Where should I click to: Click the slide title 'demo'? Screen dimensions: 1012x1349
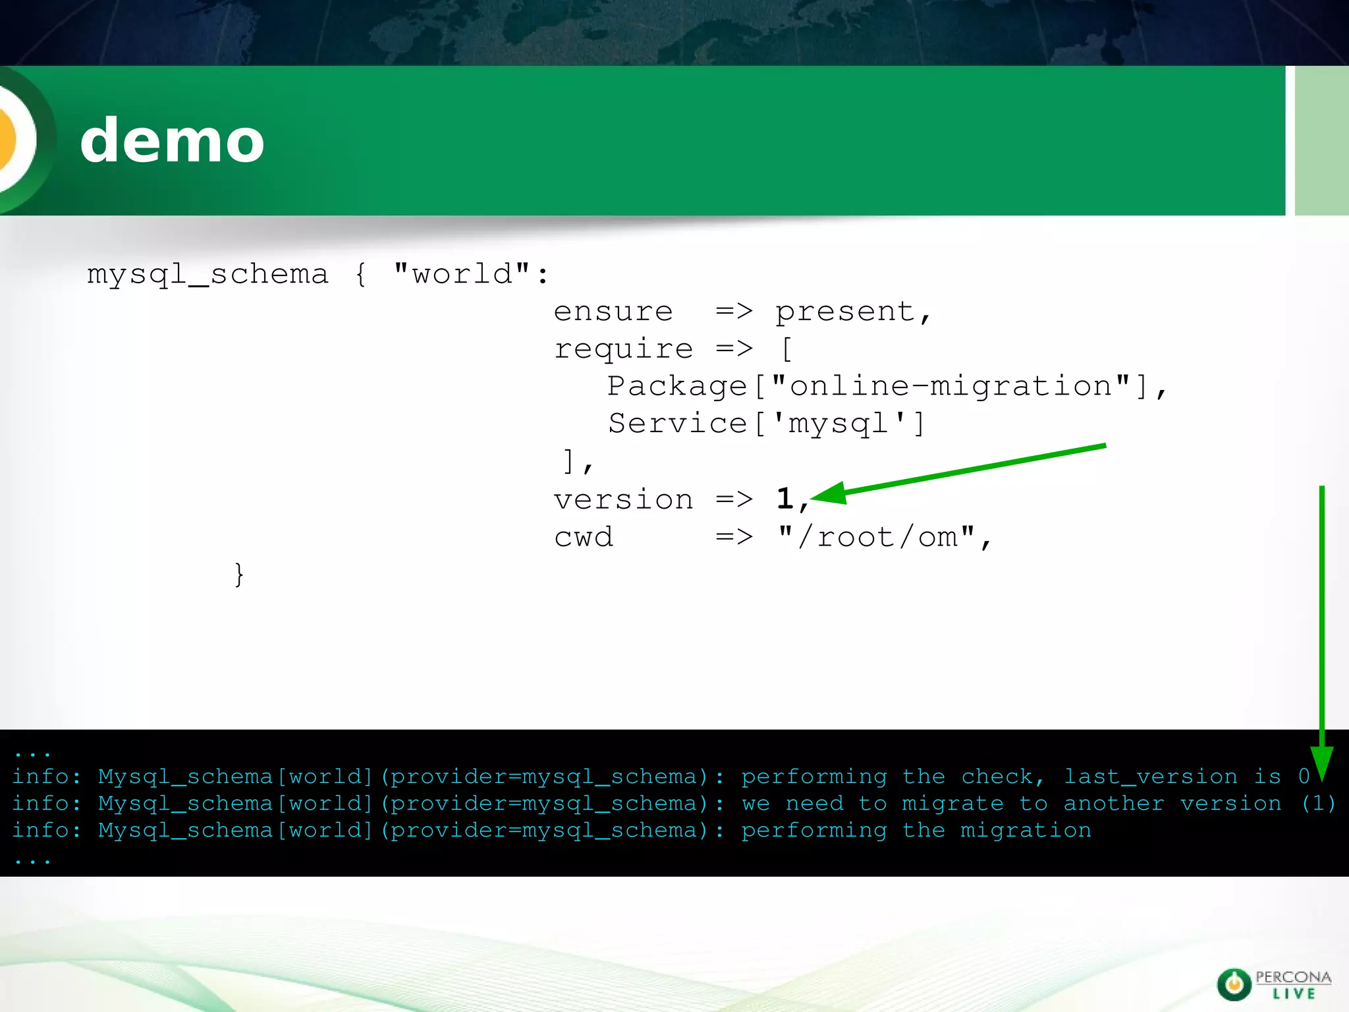point(172,140)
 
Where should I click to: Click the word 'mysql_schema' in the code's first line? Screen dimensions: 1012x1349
point(207,274)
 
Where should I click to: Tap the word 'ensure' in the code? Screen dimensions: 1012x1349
point(613,311)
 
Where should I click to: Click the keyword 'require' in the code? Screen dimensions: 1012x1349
point(623,349)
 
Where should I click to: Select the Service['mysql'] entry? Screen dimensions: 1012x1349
point(766,424)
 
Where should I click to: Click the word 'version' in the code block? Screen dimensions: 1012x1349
point(623,499)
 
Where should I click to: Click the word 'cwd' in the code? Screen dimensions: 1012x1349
point(584,537)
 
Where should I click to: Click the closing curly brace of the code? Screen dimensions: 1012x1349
point(239,575)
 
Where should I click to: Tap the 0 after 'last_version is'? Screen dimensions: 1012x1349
point(1304,776)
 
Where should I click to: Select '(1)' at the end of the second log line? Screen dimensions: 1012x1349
point(1319,803)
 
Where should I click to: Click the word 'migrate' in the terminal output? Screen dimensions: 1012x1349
point(952,804)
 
